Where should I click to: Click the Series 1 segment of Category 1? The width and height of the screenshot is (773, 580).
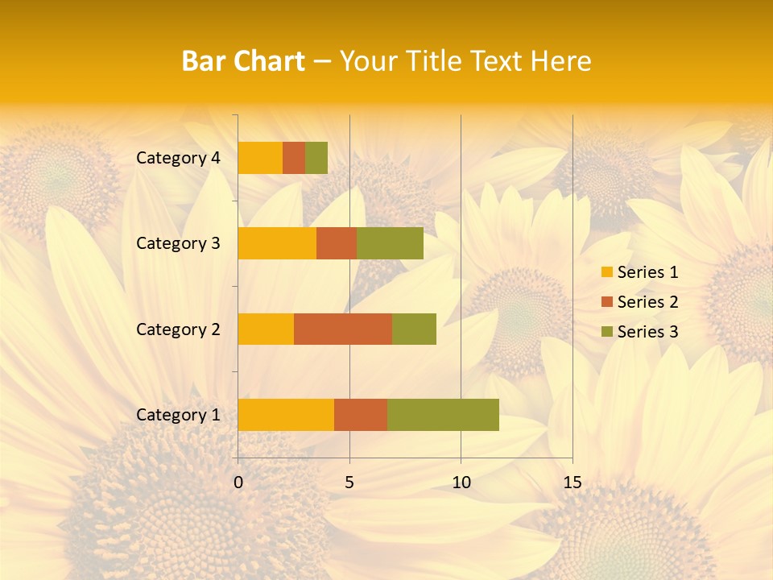(286, 414)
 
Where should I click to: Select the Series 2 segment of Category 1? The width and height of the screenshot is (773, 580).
(361, 414)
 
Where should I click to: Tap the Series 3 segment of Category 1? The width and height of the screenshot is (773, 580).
(443, 414)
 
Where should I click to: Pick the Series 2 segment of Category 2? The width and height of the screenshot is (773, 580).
(343, 329)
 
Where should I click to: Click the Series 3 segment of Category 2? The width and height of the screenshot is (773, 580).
(414, 329)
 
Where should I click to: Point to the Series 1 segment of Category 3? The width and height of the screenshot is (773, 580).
(277, 243)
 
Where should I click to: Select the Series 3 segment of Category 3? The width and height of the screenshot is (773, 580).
(390, 243)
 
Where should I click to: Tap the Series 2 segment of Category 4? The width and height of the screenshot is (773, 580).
(294, 158)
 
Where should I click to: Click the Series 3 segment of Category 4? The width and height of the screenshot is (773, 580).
(316, 158)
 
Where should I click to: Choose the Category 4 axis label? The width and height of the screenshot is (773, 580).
(178, 158)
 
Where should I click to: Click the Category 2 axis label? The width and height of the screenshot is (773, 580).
(178, 329)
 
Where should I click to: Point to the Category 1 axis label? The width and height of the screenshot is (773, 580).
(178, 415)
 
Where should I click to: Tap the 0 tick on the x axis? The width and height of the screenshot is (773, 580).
(238, 483)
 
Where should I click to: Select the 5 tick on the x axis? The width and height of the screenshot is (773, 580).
(349, 483)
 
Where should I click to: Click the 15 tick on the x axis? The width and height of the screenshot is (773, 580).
(572, 483)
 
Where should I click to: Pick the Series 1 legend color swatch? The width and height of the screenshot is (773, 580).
(606, 272)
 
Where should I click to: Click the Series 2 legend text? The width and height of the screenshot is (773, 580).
(647, 302)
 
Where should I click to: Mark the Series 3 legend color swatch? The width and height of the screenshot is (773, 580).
(606, 332)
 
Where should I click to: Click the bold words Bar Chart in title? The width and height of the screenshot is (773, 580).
(243, 60)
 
